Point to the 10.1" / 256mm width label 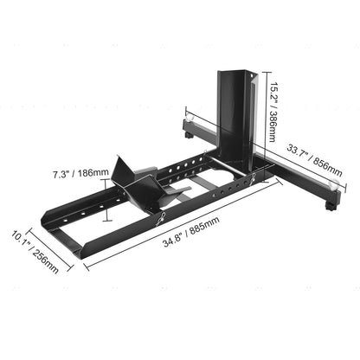coord(36,250)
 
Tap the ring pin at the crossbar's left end coord(187,113)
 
